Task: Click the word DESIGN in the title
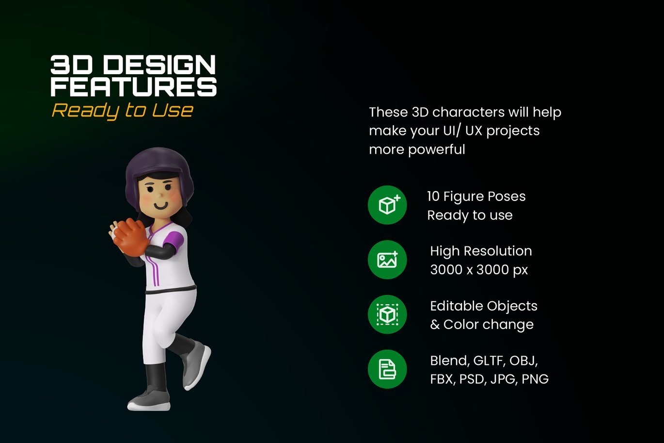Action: pyautogui.click(x=159, y=65)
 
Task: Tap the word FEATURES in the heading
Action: pyautogui.click(x=134, y=87)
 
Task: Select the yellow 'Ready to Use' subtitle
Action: pyautogui.click(x=123, y=111)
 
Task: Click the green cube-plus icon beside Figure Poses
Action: pyautogui.click(x=387, y=205)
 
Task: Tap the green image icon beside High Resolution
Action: pyautogui.click(x=387, y=260)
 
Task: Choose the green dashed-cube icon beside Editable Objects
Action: pyautogui.click(x=387, y=314)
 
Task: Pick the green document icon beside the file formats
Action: pyautogui.click(x=387, y=369)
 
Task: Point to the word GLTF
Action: pyautogui.click(x=490, y=361)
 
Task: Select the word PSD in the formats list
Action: pyautogui.click(x=473, y=379)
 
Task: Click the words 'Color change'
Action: pyautogui.click(x=489, y=324)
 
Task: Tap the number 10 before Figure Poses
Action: pyautogui.click(x=433, y=197)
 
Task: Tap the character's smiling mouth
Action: pyautogui.click(x=161, y=205)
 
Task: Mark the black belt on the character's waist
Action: pyautogui.click(x=171, y=290)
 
